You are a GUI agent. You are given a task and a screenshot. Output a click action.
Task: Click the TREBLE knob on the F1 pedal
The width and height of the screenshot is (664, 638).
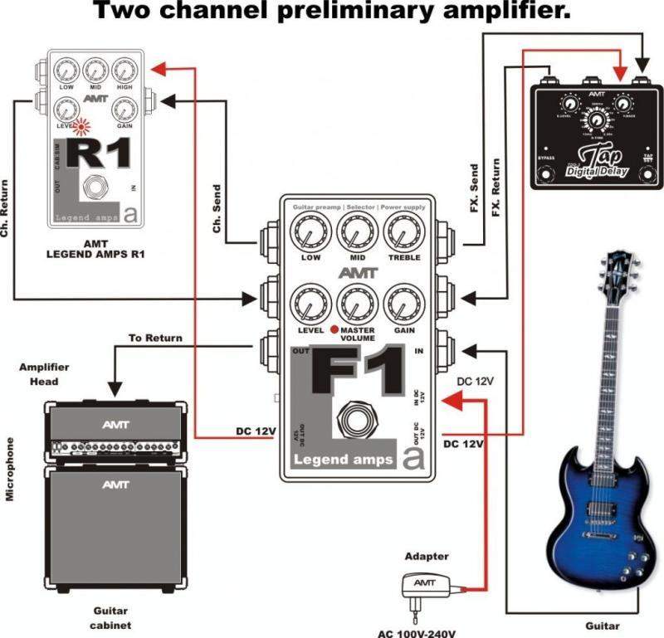point(402,230)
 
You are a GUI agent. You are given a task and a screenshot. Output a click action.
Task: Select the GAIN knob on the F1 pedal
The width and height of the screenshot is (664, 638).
point(402,302)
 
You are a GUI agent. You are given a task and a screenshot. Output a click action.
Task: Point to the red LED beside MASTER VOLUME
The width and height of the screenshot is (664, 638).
point(333,329)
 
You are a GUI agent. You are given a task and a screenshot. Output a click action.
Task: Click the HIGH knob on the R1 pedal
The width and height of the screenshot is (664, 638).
point(124,71)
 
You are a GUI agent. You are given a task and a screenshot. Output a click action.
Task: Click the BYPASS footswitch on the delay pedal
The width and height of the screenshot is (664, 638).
point(546,175)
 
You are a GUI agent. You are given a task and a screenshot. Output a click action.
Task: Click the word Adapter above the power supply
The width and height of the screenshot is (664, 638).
point(427,557)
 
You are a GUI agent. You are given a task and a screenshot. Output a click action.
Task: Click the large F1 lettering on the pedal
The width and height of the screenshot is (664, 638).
point(358,373)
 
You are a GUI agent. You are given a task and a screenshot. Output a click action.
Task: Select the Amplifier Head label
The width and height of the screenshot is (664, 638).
point(46,373)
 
